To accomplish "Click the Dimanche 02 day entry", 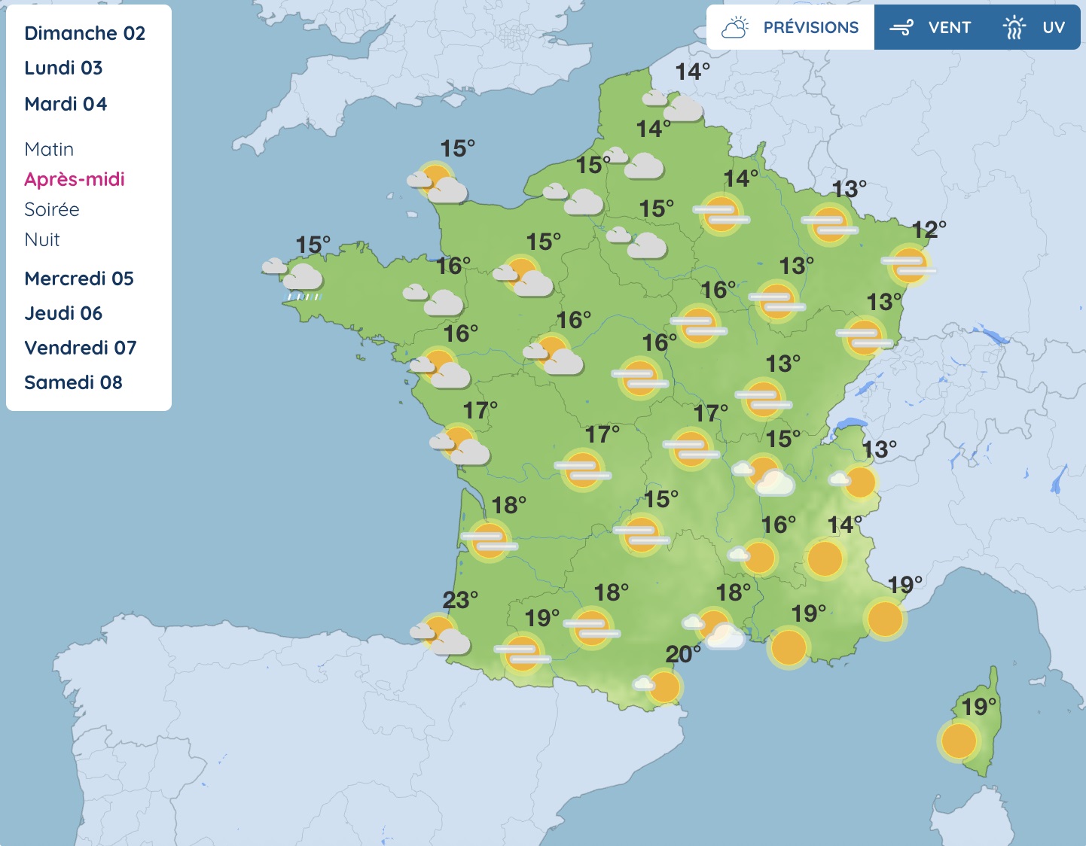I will [84, 33].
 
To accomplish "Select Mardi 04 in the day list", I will [66, 104].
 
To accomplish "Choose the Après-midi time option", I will [74, 179].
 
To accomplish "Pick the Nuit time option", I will [42, 239].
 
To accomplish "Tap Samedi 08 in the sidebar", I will [73, 382].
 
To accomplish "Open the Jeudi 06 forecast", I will [63, 313].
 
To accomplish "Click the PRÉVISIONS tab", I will [790, 28].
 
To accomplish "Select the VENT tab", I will [931, 28].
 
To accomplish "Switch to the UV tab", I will [1034, 28].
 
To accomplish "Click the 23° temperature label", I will [459, 600].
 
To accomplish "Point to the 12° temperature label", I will [929, 230].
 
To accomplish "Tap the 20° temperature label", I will [682, 654].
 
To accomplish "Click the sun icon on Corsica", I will [958, 741].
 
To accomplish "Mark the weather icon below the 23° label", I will [441, 634].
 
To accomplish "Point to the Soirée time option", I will [52, 209].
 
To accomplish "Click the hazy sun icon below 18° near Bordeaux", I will [490, 540].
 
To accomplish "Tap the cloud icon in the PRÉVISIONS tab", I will [734, 28].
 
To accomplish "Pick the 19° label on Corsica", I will [978, 707].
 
